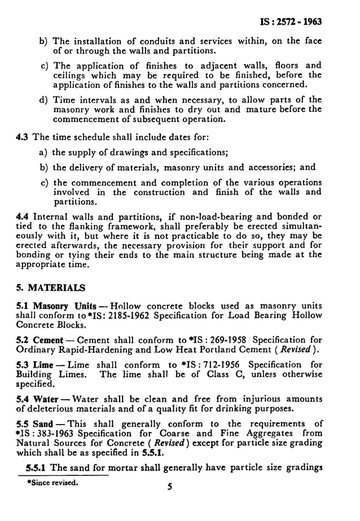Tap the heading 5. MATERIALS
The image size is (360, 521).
pos(51,286)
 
